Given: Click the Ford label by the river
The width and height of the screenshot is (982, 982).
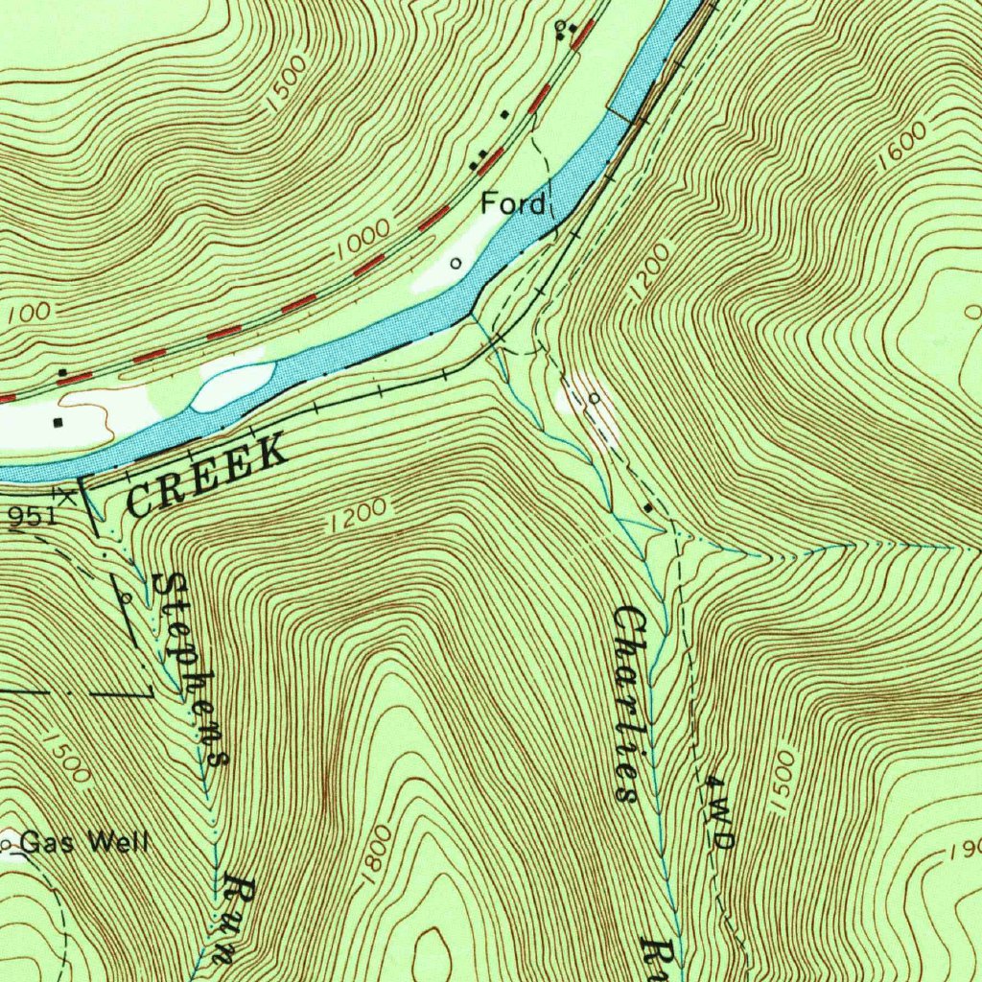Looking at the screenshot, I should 513,203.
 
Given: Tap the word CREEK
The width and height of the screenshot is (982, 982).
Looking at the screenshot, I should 206,473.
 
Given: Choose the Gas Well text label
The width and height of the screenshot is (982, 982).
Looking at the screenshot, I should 84,843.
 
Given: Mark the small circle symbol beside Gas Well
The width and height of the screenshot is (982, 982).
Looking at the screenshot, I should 7,844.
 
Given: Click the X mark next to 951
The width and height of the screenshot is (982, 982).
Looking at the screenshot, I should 66,495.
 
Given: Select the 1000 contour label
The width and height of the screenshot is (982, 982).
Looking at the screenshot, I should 363,238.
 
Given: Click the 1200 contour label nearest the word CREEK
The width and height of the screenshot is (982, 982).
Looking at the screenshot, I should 360,515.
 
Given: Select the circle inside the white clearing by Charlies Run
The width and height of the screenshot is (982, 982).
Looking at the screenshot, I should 595,398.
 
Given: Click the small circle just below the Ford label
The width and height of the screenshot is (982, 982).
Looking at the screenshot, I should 455,261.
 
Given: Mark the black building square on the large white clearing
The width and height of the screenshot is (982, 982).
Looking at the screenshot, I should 58,421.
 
